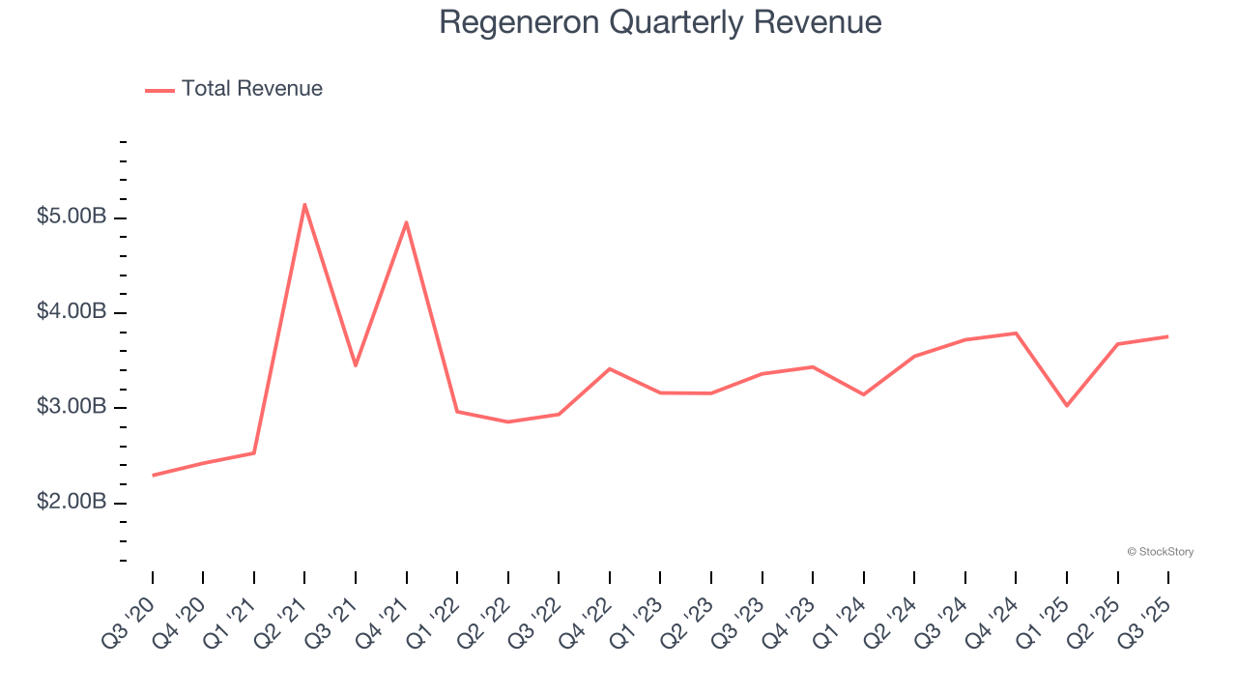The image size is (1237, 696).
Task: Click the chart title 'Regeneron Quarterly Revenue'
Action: click(660, 22)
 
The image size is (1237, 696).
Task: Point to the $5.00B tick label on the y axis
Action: click(71, 217)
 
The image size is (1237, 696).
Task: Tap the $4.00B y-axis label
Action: click(71, 312)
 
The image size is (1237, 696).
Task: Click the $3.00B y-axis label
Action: click(71, 407)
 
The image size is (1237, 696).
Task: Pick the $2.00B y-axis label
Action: click(71, 503)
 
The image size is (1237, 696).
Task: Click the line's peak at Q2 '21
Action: click(304, 204)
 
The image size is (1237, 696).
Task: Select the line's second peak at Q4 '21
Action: click(406, 222)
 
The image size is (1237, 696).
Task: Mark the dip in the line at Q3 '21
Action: click(356, 365)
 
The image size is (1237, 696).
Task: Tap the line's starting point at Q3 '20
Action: click(153, 476)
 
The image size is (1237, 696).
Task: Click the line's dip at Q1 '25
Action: click(1067, 405)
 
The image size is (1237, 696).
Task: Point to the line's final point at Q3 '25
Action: click(1168, 336)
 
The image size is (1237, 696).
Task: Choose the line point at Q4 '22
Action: click(610, 368)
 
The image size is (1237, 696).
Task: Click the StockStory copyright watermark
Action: click(1160, 552)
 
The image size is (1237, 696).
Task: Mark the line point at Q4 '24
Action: click(1016, 333)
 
